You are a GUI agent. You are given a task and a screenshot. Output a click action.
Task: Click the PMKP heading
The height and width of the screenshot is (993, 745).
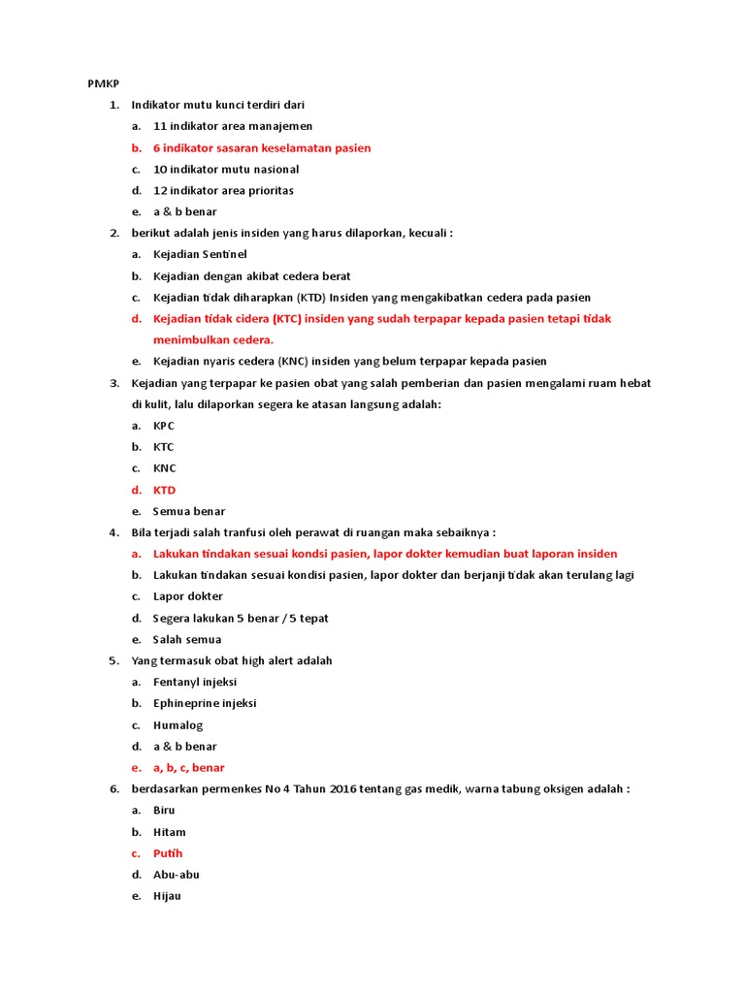pyautogui.click(x=102, y=83)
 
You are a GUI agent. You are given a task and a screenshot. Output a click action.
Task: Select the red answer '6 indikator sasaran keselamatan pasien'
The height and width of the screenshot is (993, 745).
pyautogui.click(x=261, y=147)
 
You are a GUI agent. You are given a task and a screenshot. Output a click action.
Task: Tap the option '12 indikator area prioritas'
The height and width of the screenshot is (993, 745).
pyautogui.click(x=223, y=190)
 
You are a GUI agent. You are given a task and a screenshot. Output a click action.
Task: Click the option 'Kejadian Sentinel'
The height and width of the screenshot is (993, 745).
pyautogui.click(x=200, y=254)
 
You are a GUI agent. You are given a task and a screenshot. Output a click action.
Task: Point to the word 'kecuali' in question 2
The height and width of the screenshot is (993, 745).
pyautogui.click(x=431, y=233)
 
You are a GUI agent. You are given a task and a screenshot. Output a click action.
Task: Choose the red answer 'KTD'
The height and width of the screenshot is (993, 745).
pyautogui.click(x=165, y=490)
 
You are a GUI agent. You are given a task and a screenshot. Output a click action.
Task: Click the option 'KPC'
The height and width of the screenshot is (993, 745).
pyautogui.click(x=164, y=426)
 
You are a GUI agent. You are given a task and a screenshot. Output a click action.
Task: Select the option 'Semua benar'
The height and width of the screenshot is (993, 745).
pyautogui.click(x=189, y=511)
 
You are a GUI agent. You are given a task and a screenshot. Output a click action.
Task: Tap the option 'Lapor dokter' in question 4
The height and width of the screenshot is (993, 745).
pyautogui.click(x=188, y=596)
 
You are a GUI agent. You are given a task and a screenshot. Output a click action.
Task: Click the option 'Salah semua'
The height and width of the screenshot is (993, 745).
pyautogui.click(x=187, y=639)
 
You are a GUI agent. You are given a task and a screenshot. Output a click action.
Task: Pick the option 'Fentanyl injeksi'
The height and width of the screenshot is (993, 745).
pyautogui.click(x=195, y=682)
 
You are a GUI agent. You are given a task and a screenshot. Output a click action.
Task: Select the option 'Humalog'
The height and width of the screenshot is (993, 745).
pyautogui.click(x=178, y=724)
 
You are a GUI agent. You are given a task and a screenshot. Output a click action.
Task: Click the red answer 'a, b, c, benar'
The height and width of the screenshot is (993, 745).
pyautogui.click(x=189, y=767)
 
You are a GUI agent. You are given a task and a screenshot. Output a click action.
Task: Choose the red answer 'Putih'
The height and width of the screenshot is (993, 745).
pyautogui.click(x=168, y=853)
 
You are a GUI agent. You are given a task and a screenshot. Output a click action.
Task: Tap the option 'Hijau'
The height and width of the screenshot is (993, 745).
pyautogui.click(x=167, y=896)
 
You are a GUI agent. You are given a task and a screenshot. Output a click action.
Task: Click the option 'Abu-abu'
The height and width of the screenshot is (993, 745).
pyautogui.click(x=177, y=875)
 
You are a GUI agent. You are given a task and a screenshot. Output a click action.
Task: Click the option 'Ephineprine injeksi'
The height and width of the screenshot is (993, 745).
pyautogui.click(x=205, y=703)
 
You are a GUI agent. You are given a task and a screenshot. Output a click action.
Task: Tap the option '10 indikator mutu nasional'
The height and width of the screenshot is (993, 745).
pyautogui.click(x=226, y=169)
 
